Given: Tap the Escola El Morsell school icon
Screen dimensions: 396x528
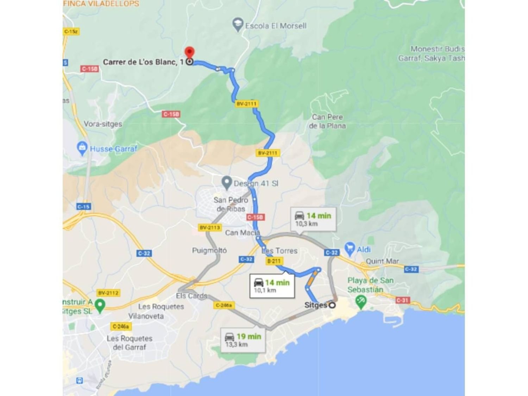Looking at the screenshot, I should (x=238, y=25).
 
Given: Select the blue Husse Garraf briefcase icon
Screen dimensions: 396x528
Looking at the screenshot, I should (x=82, y=148).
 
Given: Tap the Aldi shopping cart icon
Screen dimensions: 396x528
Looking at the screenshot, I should (x=350, y=249).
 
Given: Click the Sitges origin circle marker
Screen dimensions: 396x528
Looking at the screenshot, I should (x=332, y=305).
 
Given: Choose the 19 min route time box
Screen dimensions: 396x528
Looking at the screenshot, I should (x=243, y=340).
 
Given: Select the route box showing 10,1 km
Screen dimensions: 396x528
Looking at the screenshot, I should (x=272, y=286).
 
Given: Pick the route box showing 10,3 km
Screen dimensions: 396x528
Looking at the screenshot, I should (x=313, y=219).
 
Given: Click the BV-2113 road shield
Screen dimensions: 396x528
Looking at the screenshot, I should (x=210, y=227).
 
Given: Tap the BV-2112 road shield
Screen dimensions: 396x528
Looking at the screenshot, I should (x=108, y=293).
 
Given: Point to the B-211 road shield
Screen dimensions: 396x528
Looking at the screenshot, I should (x=274, y=261).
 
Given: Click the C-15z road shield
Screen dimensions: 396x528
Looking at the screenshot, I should (x=71, y=32).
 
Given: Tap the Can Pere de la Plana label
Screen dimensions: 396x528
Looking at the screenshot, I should (x=327, y=121).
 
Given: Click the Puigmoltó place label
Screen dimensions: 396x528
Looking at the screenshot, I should (x=209, y=250).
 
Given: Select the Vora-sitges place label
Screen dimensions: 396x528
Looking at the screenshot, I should (x=103, y=124).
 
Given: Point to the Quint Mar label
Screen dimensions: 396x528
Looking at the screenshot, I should (x=382, y=261).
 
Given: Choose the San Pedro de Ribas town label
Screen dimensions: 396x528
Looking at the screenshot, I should (x=231, y=204).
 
